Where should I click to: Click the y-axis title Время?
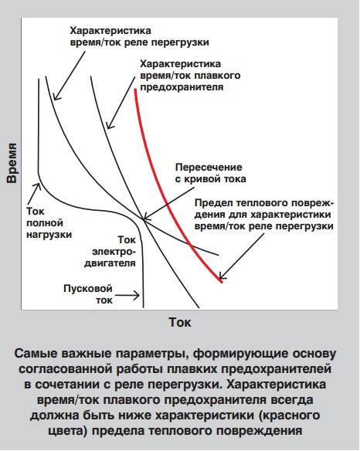click(12, 163)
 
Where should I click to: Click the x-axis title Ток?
click(180, 322)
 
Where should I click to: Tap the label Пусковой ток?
click(88, 294)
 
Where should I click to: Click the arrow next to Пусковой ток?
click(127, 295)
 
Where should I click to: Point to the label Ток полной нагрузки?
click(49, 223)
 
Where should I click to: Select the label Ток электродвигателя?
click(110, 252)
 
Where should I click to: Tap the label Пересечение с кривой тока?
click(210, 173)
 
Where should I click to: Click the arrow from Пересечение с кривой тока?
click(168, 203)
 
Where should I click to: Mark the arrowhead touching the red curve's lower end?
click(222, 276)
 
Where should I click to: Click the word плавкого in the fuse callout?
click(218, 76)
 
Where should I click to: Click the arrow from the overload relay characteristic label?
click(70, 76)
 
